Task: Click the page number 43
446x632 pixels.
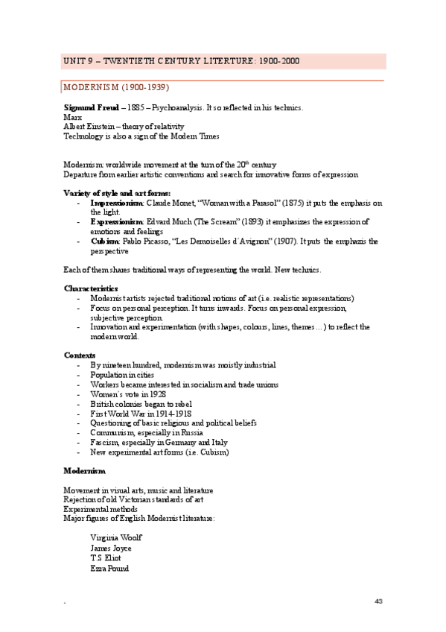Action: pyautogui.click(x=378, y=601)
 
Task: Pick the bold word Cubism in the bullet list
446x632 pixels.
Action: pyautogui.click(x=105, y=241)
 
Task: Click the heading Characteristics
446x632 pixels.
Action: pyautogui.click(x=90, y=288)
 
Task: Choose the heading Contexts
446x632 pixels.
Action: pyautogui.click(x=79, y=355)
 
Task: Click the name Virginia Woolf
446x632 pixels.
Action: pyautogui.click(x=115, y=537)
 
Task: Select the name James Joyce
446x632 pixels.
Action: pyautogui.click(x=110, y=548)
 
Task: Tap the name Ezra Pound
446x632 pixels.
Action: pyautogui.click(x=109, y=569)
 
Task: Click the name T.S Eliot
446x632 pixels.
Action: pyautogui.click(x=106, y=558)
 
